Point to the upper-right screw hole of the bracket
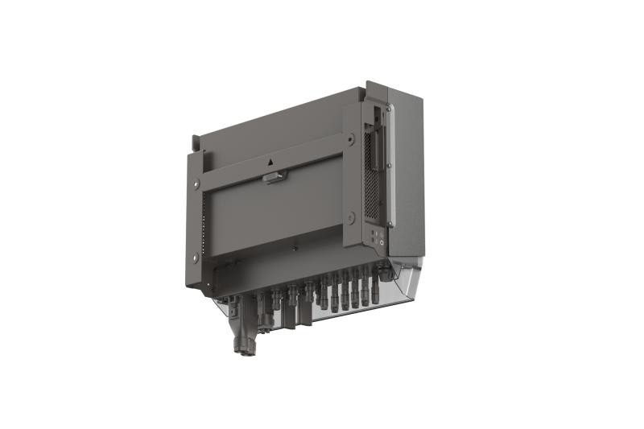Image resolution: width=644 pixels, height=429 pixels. (350, 139)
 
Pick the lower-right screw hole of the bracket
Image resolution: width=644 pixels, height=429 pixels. (351, 217)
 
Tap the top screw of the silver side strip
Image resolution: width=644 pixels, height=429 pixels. (388, 107)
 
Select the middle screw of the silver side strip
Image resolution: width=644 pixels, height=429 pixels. (388, 165)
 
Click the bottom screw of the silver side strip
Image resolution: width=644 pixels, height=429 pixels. (388, 223)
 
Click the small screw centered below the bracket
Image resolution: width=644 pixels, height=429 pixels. (295, 249)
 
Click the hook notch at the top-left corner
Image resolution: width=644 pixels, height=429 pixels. (194, 144)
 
